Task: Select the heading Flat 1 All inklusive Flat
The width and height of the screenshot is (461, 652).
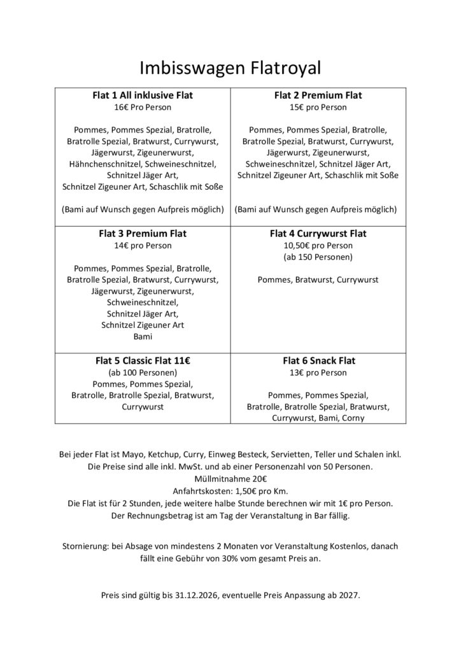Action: (143, 96)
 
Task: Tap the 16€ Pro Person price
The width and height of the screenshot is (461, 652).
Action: (143, 107)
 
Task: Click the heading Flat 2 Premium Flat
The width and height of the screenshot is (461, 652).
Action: (318, 96)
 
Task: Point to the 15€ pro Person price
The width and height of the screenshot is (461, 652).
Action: (318, 107)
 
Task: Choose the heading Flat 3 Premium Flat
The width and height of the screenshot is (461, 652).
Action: (143, 234)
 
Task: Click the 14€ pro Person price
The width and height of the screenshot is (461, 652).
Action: (143, 245)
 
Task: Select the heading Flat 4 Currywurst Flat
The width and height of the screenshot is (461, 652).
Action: (318, 234)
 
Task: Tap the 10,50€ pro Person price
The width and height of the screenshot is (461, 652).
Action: (318, 245)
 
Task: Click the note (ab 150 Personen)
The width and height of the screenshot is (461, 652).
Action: (318, 257)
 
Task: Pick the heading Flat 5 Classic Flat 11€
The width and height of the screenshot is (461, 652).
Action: (143, 360)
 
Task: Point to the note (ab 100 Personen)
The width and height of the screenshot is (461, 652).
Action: (143, 372)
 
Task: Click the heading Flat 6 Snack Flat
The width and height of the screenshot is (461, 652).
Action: (318, 360)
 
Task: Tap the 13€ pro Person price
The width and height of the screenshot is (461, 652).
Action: (318, 372)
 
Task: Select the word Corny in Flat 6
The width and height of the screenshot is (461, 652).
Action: (352, 418)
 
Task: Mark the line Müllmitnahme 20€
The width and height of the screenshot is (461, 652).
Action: (230, 479)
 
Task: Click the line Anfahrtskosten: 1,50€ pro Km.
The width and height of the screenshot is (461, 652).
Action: (230, 491)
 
